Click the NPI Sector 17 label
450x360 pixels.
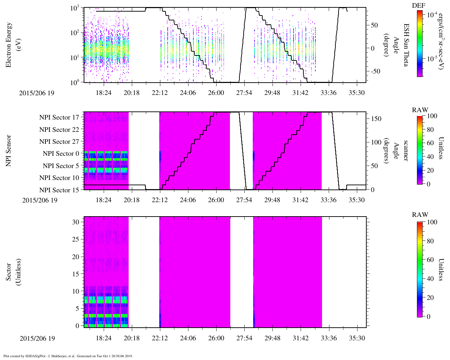(x=59, y=117)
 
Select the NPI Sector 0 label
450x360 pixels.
(x=61, y=154)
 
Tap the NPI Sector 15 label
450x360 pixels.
(x=59, y=190)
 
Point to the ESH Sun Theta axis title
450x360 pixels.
(x=406, y=45)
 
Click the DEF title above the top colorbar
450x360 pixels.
(x=418, y=6)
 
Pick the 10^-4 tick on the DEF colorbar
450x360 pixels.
(x=432, y=15)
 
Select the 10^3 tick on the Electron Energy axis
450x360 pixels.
(x=76, y=9)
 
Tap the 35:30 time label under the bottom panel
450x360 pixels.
(x=357, y=338)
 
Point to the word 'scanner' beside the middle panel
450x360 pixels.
(x=406, y=150)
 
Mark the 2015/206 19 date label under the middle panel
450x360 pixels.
(x=40, y=200)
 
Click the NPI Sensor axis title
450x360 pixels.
(x=8, y=150)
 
